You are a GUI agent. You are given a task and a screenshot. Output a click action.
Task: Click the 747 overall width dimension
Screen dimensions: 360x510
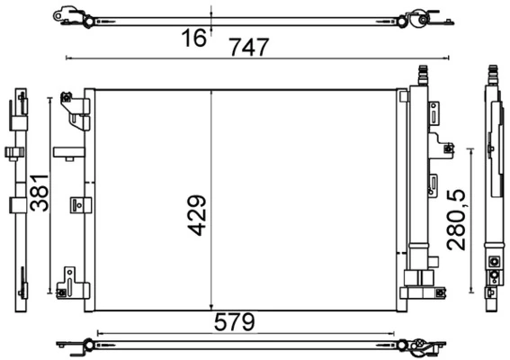click(x=249, y=48)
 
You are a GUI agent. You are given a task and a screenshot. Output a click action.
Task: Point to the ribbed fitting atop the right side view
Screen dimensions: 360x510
click(x=491, y=76)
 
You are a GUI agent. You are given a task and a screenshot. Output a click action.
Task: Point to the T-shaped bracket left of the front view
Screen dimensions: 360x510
click(x=67, y=151)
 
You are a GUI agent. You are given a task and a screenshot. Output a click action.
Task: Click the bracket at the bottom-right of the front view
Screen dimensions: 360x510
click(x=421, y=281)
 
